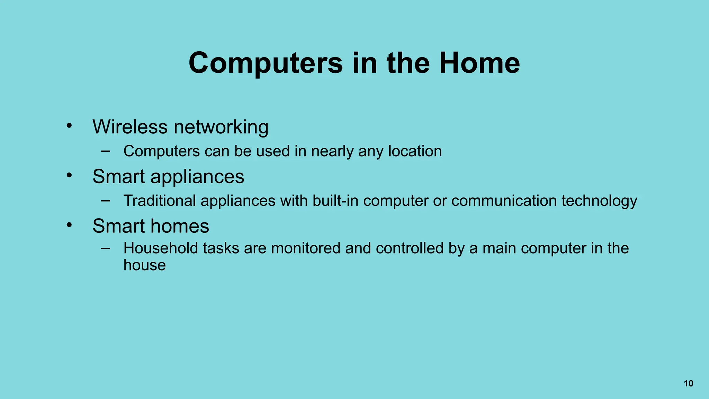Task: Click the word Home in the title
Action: point(479,63)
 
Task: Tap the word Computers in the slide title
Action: point(266,63)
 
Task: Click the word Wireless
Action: point(130,127)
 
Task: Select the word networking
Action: point(221,127)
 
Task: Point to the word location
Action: point(415,151)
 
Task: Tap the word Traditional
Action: point(160,201)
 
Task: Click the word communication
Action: point(504,201)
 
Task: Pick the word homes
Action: point(180,226)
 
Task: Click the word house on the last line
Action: point(145,265)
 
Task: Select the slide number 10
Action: point(689,383)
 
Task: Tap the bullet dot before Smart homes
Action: point(69,225)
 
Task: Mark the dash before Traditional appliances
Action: point(106,200)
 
